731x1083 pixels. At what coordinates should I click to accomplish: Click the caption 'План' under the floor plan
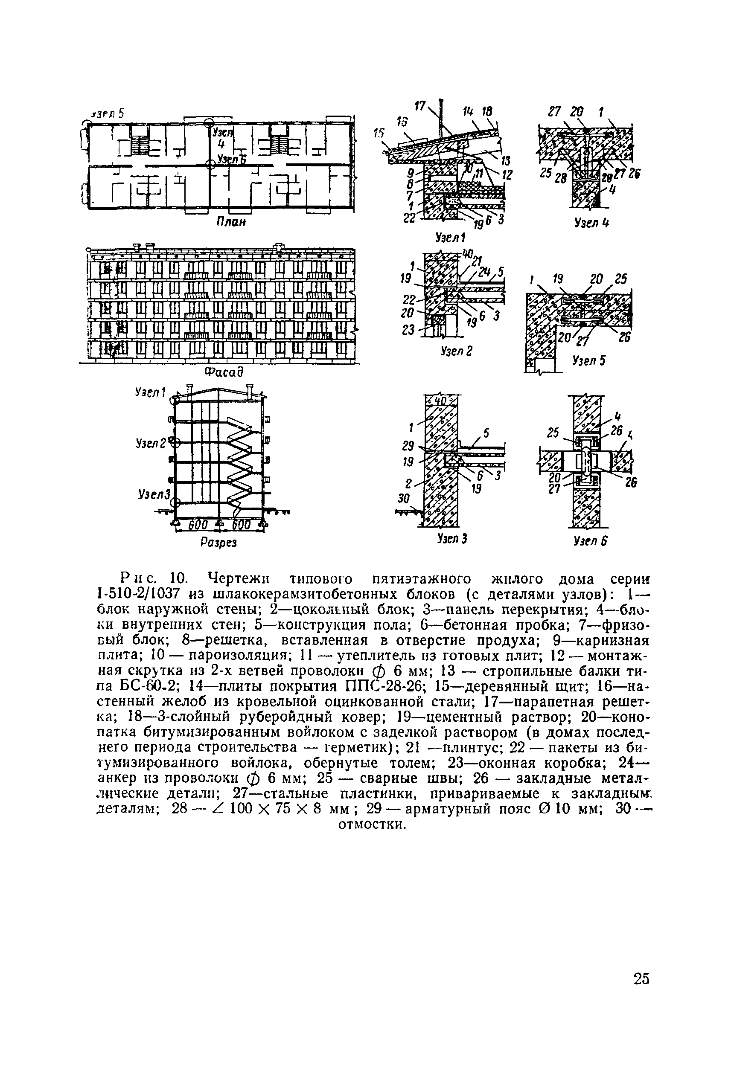pos(230,222)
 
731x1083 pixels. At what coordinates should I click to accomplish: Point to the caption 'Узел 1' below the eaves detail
pos(450,238)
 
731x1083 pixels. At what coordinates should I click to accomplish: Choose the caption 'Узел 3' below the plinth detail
pos(452,539)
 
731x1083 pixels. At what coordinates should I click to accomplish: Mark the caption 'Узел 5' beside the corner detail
pos(589,360)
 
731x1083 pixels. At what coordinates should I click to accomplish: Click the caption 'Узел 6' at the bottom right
pos(591,540)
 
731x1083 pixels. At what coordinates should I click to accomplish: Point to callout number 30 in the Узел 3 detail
pos(403,499)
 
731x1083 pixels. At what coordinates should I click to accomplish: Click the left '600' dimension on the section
pos(197,525)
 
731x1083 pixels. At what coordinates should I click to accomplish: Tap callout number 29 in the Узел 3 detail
pos(408,447)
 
